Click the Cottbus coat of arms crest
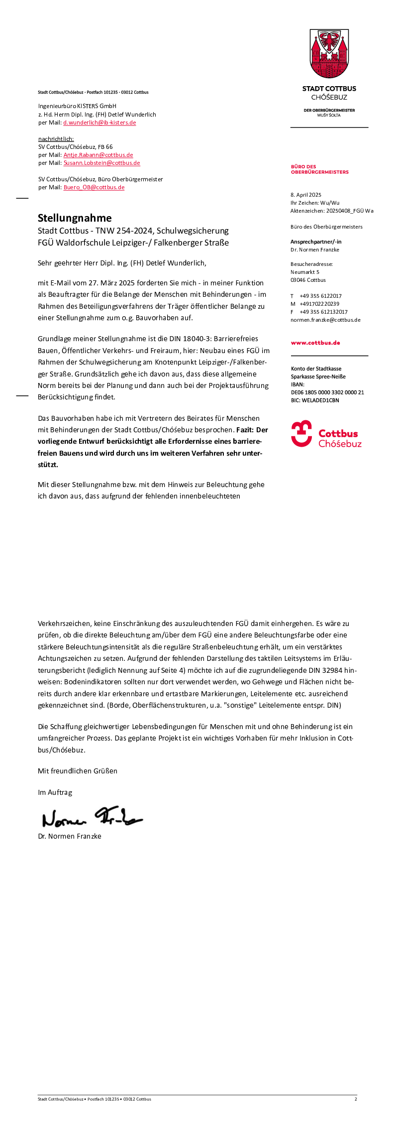[329, 54]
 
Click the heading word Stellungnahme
[75, 218]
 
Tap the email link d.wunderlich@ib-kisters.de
[99, 123]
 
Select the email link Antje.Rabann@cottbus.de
[98, 155]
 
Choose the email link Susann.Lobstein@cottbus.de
[101, 163]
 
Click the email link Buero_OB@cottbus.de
[94, 187]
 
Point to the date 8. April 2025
[306, 195]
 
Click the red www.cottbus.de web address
[315, 343]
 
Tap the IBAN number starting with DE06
[327, 392]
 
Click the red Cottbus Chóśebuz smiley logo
[301, 434]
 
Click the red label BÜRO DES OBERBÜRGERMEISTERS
[319, 169]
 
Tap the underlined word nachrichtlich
[56, 139]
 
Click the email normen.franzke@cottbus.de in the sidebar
[325, 320]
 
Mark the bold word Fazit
[245, 430]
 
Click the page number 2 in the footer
[356, 1099]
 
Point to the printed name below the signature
[70, 836]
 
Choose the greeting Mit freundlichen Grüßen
[78, 771]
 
